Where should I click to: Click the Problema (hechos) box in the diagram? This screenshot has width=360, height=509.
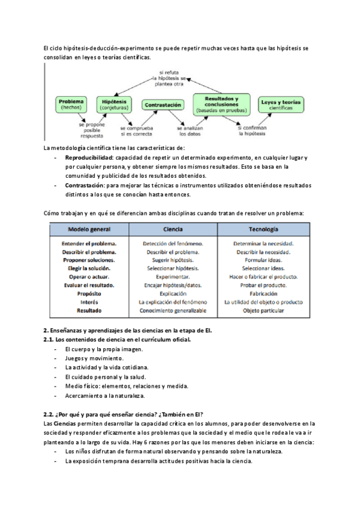click(72, 104)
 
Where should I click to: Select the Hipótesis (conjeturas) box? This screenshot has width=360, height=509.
click(114, 104)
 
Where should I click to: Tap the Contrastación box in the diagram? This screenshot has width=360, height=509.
click(163, 104)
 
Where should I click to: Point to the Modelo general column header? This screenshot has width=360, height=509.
click(89, 230)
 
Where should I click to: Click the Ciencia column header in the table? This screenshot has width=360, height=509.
click(173, 230)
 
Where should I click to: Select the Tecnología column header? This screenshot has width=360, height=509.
click(263, 230)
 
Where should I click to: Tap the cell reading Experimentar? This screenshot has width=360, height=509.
click(173, 277)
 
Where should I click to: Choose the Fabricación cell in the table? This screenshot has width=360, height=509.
click(263, 294)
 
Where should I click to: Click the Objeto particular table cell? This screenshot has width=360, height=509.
click(263, 311)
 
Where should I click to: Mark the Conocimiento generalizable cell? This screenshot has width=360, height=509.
click(173, 311)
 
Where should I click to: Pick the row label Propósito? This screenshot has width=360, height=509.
click(89, 294)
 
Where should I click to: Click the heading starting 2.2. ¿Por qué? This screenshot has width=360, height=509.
click(123, 414)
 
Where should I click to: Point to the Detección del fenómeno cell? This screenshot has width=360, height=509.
click(173, 244)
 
